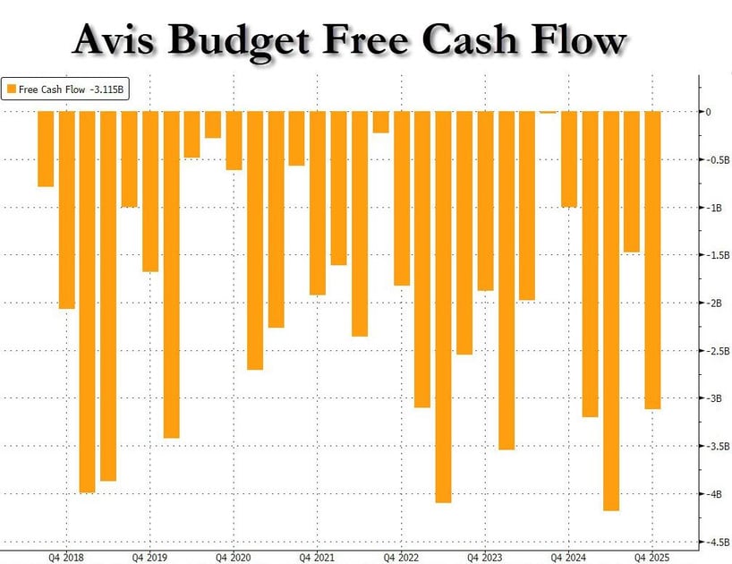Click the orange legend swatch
11,88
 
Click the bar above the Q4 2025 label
653,260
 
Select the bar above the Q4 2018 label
66,209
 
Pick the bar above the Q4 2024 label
569,158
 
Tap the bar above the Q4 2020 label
234,141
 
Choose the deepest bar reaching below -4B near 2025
611,310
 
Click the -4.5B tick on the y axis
718,542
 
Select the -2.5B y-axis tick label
718,351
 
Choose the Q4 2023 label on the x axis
485,555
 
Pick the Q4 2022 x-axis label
401,555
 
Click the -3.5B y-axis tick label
718,446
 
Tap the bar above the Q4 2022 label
402,198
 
